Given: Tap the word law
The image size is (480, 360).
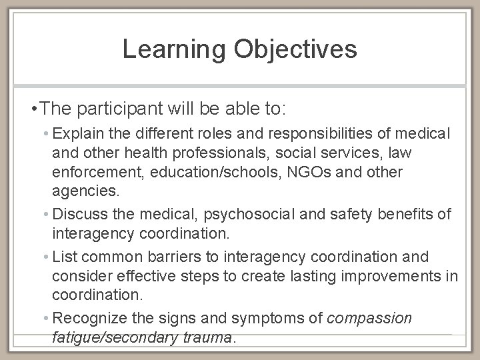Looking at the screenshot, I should point(399,153).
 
